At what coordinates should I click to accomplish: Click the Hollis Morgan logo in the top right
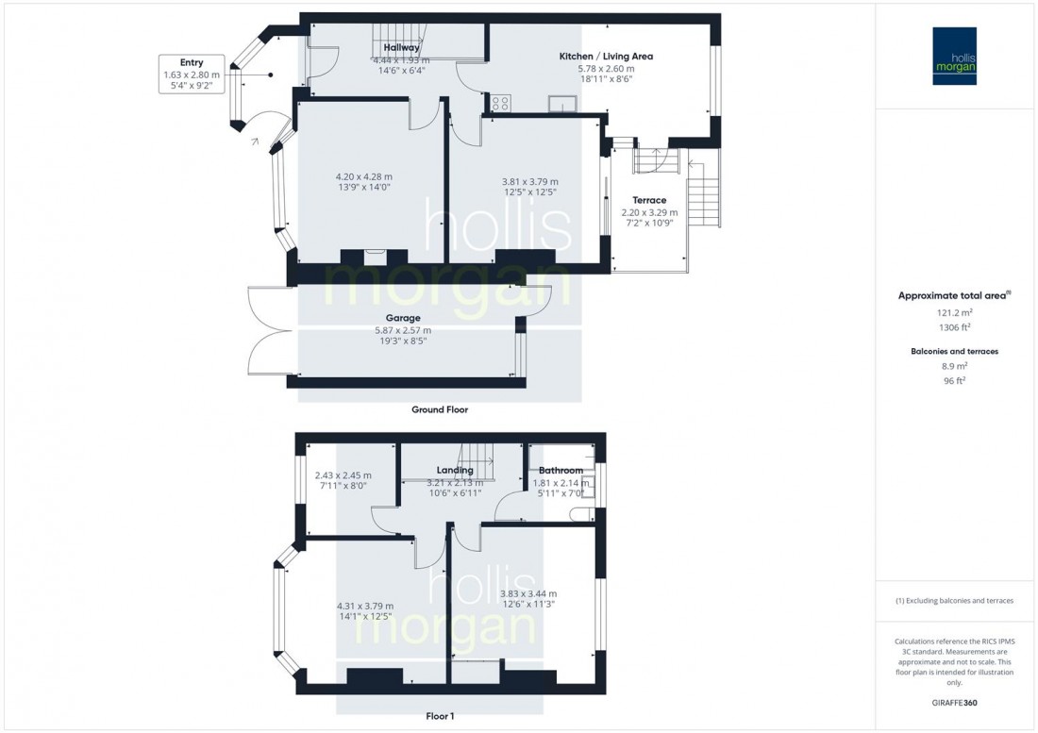(955, 56)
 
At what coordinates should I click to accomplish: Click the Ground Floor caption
(439, 410)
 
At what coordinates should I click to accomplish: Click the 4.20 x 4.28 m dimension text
(363, 176)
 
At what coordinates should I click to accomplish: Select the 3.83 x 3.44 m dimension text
(527, 593)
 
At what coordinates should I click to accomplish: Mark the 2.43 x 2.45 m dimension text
(343, 475)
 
